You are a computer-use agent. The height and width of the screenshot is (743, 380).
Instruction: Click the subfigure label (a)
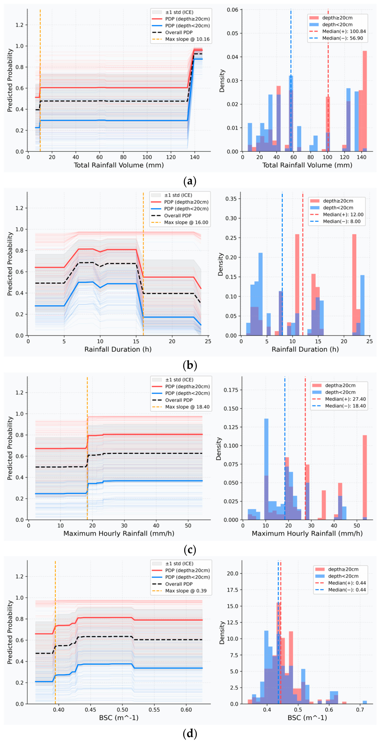[190, 181]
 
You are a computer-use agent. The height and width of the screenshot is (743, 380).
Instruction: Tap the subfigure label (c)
[190, 550]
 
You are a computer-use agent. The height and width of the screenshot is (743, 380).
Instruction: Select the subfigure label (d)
[190, 734]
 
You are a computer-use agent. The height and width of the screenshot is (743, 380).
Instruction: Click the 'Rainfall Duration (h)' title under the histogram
[305, 349]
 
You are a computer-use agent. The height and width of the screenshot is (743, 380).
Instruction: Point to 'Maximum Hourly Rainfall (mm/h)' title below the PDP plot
[119, 533]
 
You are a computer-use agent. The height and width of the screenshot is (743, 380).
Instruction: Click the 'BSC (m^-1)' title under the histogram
[307, 717]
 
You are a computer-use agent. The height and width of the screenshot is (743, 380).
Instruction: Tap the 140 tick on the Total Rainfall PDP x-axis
[195, 157]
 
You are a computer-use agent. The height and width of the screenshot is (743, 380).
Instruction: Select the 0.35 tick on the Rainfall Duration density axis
[231, 199]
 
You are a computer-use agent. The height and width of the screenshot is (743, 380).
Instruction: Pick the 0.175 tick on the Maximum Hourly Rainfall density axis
[231, 390]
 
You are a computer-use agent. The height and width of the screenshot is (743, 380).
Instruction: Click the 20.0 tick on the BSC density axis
[233, 573]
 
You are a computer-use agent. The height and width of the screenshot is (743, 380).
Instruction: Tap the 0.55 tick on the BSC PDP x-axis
[154, 709]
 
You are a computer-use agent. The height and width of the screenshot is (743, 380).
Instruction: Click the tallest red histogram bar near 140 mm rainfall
[365, 101]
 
